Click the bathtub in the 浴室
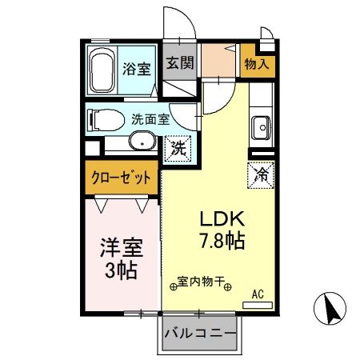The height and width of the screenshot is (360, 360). point(102,70)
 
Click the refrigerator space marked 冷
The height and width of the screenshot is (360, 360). point(261,171)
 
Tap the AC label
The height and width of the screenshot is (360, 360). point(258,294)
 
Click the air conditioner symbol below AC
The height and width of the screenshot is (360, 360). point(258,306)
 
